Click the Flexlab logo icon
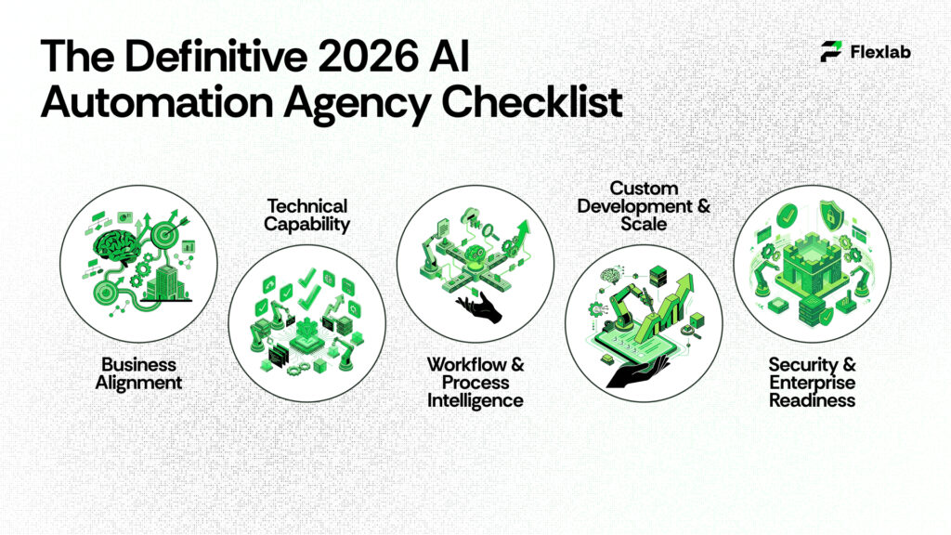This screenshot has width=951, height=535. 831,52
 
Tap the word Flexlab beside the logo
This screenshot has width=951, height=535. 879,52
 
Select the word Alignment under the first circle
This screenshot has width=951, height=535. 139,382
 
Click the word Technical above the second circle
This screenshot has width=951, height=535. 306,205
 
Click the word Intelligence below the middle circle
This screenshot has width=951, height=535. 475,400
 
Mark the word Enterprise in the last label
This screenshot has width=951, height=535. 812,383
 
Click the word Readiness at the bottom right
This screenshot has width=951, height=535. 812,400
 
